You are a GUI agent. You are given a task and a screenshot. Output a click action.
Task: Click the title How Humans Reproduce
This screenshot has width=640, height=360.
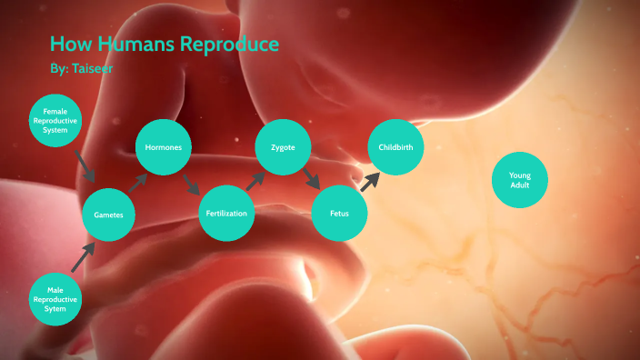[x=164, y=45]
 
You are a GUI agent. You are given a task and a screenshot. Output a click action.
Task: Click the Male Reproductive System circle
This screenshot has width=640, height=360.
[x=55, y=296]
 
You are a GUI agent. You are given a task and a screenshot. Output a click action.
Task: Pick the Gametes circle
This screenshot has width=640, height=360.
[x=108, y=215]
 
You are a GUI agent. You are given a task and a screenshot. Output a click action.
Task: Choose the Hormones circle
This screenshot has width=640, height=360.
[x=164, y=147]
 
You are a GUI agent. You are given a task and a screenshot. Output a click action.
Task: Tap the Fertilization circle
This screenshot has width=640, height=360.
[x=225, y=214]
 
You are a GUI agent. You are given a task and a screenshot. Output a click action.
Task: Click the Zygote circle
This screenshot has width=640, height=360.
[x=283, y=147]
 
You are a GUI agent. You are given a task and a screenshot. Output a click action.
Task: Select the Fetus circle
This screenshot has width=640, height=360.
[x=339, y=215]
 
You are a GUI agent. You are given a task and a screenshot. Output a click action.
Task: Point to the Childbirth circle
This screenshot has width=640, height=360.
[x=396, y=146]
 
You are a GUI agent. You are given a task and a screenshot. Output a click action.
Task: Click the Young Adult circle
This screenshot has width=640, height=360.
[x=519, y=180]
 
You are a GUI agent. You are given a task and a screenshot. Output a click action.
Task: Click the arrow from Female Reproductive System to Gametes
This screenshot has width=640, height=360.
[x=85, y=166]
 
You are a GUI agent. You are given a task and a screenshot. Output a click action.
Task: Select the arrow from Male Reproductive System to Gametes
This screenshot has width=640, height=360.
[x=83, y=255]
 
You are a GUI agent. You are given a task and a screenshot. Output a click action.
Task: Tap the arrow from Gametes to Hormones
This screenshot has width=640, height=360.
[x=137, y=181]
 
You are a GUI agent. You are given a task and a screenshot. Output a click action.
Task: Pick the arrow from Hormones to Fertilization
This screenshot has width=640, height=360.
[x=192, y=183]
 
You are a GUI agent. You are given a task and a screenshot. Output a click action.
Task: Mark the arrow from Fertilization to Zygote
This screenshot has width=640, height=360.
[x=255, y=180]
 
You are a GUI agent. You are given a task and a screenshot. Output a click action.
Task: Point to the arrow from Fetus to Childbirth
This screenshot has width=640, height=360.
[x=368, y=181]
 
